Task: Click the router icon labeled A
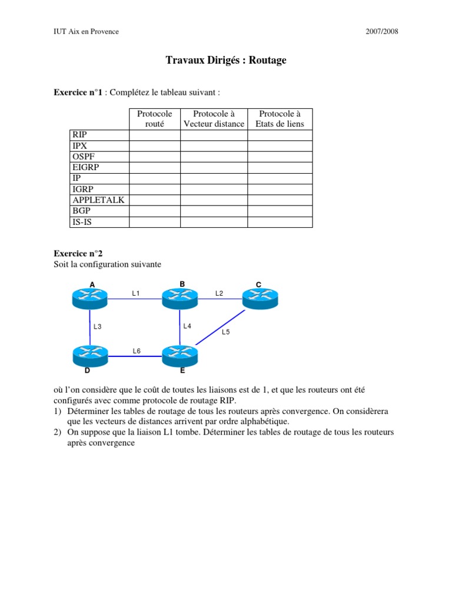click(x=90, y=299)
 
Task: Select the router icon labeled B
click(x=180, y=299)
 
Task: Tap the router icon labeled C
click(x=260, y=299)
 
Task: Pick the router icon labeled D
click(x=90, y=356)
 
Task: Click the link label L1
click(x=135, y=293)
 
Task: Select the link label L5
click(x=226, y=332)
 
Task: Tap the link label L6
click(x=137, y=351)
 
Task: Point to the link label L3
click(x=98, y=326)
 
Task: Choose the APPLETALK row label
click(x=98, y=200)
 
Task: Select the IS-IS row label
click(x=82, y=222)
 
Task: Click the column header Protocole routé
click(x=155, y=118)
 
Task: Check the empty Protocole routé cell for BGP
click(x=155, y=211)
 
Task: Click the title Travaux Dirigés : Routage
click(x=226, y=61)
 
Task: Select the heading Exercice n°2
click(x=78, y=254)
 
